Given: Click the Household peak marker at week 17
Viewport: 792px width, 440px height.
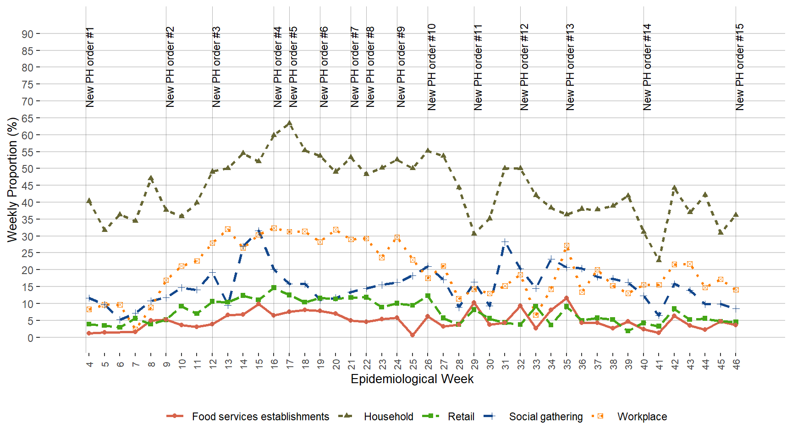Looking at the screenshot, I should [289, 123].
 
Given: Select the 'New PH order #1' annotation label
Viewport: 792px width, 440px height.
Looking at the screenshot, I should [90, 67].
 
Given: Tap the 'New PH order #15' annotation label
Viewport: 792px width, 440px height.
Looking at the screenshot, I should [739, 67].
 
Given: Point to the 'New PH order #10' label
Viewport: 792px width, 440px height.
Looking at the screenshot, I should [431, 67].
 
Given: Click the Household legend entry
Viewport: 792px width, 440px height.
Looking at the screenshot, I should [388, 417].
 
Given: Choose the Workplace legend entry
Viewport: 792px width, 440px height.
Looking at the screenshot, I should [642, 417].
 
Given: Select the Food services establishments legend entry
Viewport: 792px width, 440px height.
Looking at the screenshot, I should [260, 417].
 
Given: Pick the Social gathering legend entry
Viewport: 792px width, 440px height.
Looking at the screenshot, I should [545, 417].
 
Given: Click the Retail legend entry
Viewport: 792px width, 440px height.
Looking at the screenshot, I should [461, 417].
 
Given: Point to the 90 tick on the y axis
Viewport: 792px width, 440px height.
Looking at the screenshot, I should [27, 34].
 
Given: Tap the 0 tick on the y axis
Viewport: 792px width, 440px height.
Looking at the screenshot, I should [30, 338].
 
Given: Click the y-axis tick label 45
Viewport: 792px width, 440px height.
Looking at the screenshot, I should [27, 186].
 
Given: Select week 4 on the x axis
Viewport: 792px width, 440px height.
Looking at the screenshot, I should [89, 364].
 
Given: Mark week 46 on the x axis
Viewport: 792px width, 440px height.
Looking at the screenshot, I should [736, 364].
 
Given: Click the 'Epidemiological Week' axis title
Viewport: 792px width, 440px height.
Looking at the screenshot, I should [412, 379].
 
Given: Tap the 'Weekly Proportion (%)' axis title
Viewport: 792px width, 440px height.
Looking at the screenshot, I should [12, 180].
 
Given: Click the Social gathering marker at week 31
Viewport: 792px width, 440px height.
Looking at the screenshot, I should [505, 242].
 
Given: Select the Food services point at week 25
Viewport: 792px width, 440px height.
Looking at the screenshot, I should [412, 335].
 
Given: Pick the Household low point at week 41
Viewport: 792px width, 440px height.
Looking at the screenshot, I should [659, 259].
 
